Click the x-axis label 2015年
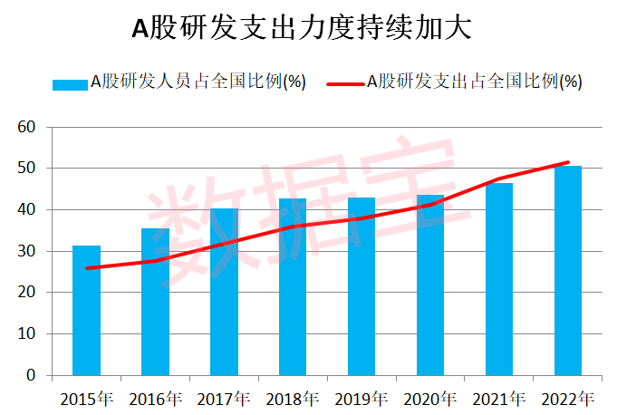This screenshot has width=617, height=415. [x=86, y=399]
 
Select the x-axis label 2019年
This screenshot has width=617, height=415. [x=362, y=399]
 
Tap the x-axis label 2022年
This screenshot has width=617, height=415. [x=568, y=399]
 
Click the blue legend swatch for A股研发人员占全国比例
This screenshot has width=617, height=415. [x=69, y=83]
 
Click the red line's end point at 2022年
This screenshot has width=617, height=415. [x=568, y=162]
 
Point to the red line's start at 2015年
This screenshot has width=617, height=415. [x=86, y=268]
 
